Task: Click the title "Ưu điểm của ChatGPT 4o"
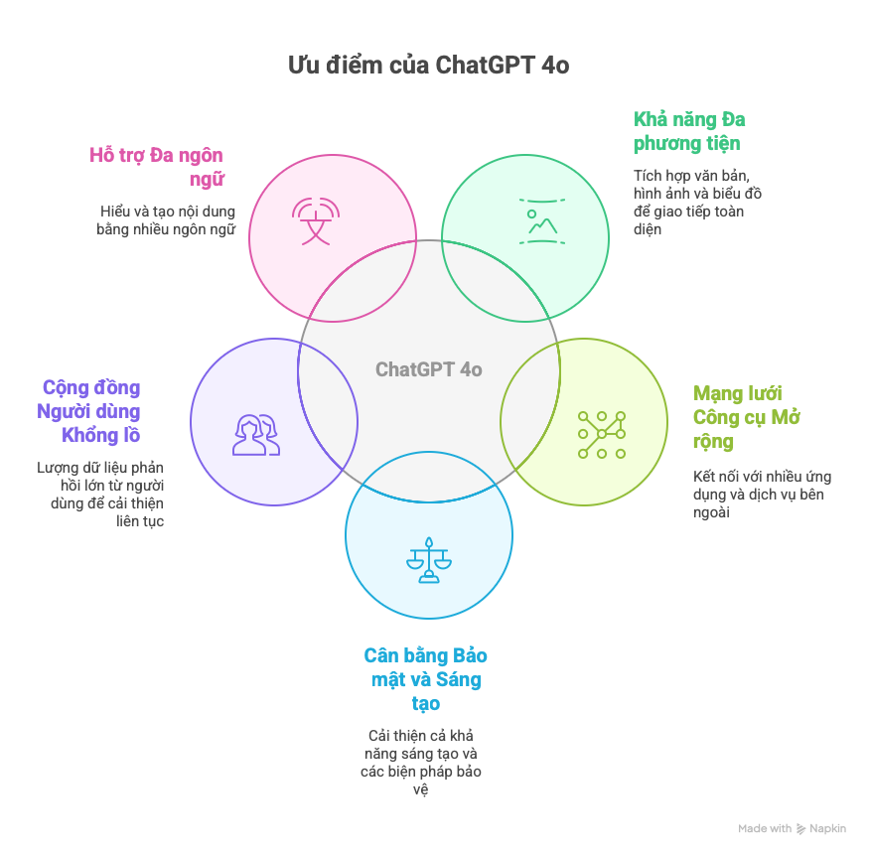pos(428,66)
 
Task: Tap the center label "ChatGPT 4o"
pos(428,369)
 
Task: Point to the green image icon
pos(541,221)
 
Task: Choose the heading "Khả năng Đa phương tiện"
pos(689,131)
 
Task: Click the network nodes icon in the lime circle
pos(601,434)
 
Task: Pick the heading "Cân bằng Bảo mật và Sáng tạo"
pos(426,679)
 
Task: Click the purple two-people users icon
pos(256,435)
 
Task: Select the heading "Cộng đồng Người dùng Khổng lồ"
pos(90,411)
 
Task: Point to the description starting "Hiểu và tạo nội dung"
pos(166,220)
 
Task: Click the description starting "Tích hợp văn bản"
pos(698,202)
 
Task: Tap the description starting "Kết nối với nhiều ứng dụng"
pos(762,494)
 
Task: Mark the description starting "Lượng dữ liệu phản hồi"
pos(101,494)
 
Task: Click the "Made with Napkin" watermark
pos(792,828)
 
